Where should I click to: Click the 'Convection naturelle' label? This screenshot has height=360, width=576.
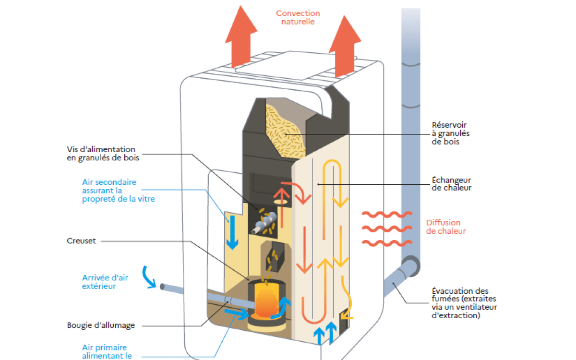pos(298,17)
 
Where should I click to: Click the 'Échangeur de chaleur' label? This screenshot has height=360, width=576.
pos(451,184)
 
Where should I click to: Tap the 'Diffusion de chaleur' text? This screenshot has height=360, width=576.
pos(446,227)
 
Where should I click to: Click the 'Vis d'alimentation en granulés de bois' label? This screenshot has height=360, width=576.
pos(101,154)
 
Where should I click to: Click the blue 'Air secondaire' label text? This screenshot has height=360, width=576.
pos(118,191)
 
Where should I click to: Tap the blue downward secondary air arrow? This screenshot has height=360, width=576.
pos(233,232)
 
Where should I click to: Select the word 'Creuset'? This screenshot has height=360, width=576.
pos(82,241)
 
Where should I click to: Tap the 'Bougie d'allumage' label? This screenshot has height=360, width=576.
pos(101,325)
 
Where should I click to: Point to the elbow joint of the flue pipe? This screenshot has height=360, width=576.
pos(410,266)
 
